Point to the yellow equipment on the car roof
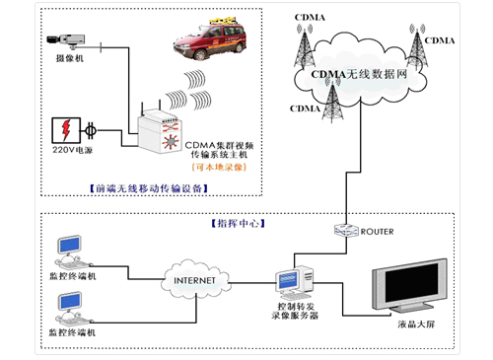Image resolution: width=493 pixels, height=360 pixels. click(x=204, y=27)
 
